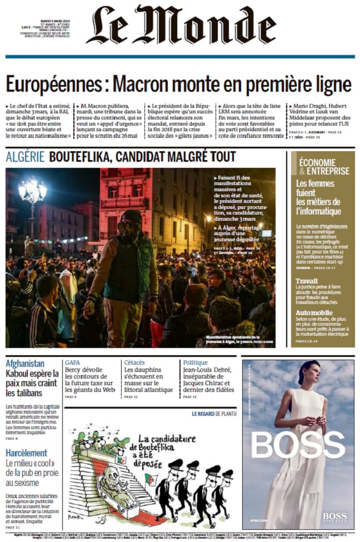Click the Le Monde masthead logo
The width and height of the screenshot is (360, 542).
click(x=181, y=26)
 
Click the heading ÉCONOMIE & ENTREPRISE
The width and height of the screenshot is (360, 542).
click(x=324, y=166)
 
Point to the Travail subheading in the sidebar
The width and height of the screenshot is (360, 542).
click(x=307, y=281)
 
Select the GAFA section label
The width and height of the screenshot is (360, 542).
click(x=72, y=362)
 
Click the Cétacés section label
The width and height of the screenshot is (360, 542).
click(x=134, y=362)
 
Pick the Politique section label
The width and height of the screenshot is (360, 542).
click(x=195, y=362)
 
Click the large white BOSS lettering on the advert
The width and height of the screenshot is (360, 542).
click(x=298, y=445)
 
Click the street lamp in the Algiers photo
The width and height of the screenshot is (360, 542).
click(x=32, y=192)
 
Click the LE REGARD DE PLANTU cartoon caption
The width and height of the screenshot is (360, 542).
click(x=214, y=414)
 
